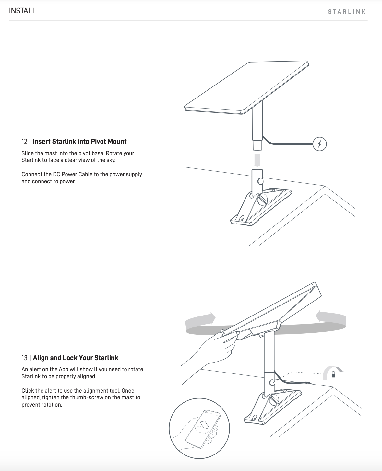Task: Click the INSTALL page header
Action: pos(23,11)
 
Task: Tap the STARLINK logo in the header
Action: pos(347,12)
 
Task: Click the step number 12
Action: pos(24,142)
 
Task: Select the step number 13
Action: pos(24,358)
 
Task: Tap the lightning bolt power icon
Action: pos(319,144)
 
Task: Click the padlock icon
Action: pos(333,375)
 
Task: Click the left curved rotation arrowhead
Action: pos(211,318)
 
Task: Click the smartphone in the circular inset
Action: pos(203,428)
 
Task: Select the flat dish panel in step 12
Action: pos(246,87)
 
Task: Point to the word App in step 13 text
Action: pos(64,369)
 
